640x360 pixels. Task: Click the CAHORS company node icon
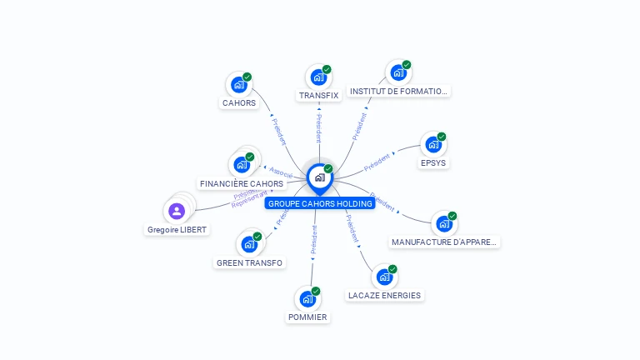pyautogui.click(x=238, y=84)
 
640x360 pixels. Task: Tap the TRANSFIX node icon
pyautogui.click(x=317, y=77)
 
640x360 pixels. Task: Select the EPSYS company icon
pyautogui.click(x=432, y=145)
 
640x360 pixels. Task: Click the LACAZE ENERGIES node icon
pyautogui.click(x=383, y=277)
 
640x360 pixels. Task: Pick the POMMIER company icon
pyautogui.click(x=307, y=298)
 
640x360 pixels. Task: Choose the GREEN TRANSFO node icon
pyautogui.click(x=248, y=244)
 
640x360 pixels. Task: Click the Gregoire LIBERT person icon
pyautogui.click(x=177, y=211)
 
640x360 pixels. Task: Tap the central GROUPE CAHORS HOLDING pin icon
pyautogui.click(x=319, y=177)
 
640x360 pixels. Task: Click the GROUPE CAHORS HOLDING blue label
pyautogui.click(x=319, y=203)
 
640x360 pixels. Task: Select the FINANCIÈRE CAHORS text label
pyautogui.click(x=242, y=183)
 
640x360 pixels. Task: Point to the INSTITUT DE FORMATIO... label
pyautogui.click(x=398, y=91)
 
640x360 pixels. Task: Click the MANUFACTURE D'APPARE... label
pyautogui.click(x=444, y=242)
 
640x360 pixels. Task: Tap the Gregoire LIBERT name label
pyautogui.click(x=177, y=229)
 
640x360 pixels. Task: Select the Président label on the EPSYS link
pyautogui.click(x=377, y=158)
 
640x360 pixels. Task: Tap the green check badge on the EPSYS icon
pyautogui.click(x=442, y=137)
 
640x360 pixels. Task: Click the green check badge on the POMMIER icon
pyautogui.click(x=316, y=291)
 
